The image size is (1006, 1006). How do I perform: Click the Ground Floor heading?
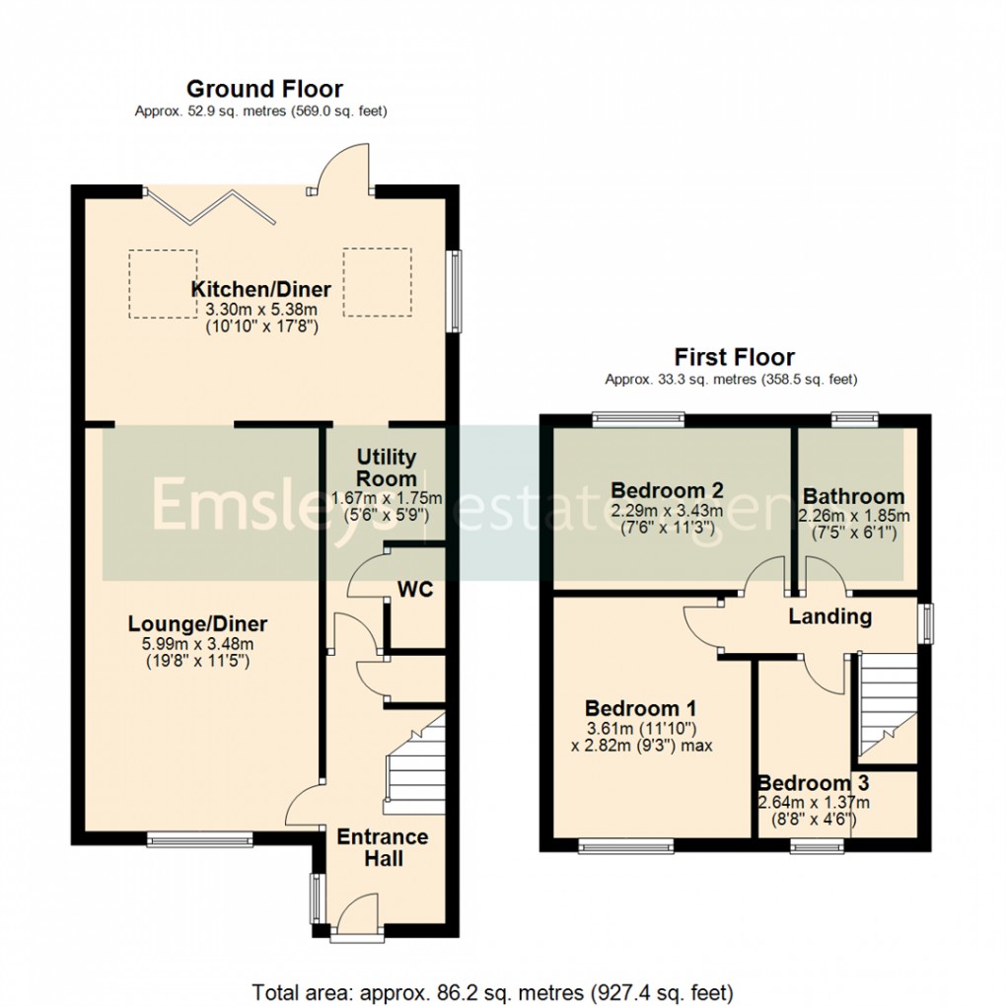[264, 90]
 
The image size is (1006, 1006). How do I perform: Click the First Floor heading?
[734, 357]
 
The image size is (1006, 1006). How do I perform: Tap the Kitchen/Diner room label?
[260, 289]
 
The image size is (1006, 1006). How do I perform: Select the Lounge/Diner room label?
[197, 624]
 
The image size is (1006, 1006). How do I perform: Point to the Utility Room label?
[387, 467]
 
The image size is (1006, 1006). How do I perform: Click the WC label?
[415, 590]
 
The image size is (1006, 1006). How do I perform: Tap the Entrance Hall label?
[383, 847]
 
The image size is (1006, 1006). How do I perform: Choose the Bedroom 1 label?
[640, 708]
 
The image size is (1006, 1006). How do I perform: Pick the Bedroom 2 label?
[668, 490]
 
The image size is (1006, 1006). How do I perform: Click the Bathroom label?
[853, 496]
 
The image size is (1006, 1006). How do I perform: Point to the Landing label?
[829, 617]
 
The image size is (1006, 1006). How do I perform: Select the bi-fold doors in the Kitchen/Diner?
[220, 206]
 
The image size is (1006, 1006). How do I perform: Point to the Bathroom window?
[848, 419]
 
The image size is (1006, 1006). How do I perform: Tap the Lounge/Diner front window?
[199, 839]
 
